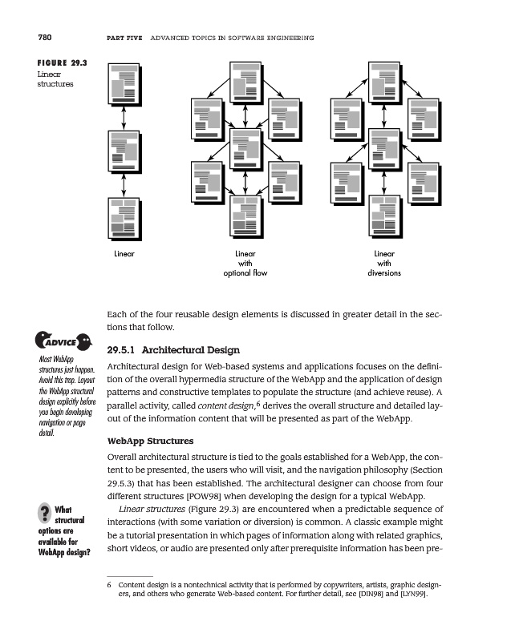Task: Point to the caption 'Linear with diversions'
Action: pyautogui.click(x=383, y=263)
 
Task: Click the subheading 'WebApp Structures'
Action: pyautogui.click(x=150, y=441)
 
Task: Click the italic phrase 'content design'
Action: pyautogui.click(x=235, y=406)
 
